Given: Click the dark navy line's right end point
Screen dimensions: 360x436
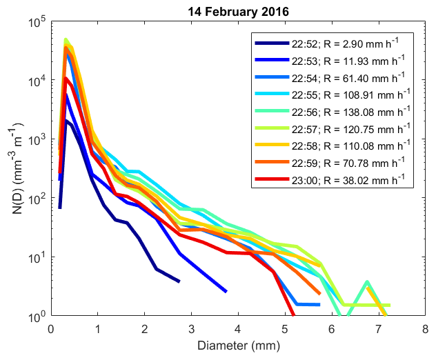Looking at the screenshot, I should click(179, 281).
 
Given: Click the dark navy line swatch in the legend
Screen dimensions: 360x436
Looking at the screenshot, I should click(273, 43).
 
